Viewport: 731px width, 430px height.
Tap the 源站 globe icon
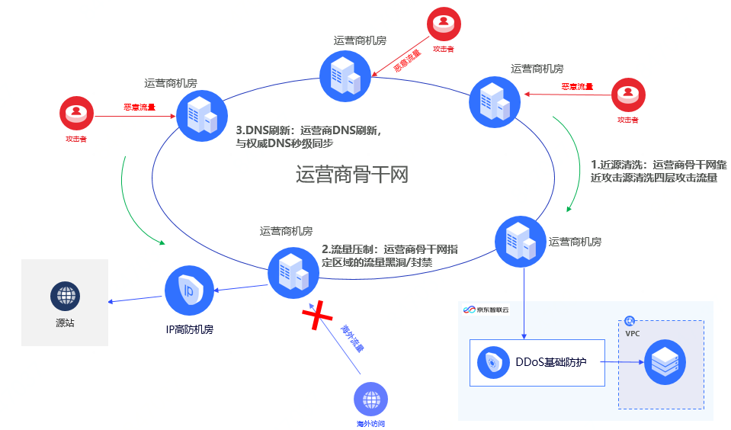click(66, 296)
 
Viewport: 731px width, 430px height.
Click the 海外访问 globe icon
click(370, 399)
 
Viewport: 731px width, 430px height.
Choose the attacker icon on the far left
click(75, 114)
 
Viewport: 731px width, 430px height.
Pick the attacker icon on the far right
click(627, 95)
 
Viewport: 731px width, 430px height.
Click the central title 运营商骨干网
click(352, 175)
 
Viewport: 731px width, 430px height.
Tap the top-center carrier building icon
click(345, 75)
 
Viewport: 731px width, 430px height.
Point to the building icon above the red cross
click(293, 272)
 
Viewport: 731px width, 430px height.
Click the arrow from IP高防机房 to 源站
click(136, 297)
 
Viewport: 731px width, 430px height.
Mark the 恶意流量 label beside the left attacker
click(139, 107)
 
